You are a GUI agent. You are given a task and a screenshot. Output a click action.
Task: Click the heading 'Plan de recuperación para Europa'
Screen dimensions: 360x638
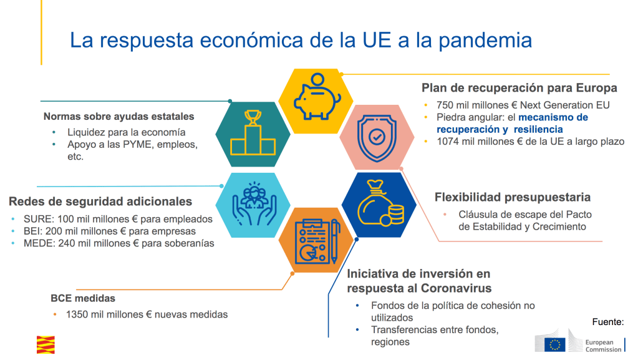click(520, 87)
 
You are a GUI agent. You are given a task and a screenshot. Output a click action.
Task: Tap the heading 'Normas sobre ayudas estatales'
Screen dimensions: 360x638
click(118, 117)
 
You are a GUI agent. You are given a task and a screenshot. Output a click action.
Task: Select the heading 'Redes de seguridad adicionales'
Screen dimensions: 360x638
click(100, 202)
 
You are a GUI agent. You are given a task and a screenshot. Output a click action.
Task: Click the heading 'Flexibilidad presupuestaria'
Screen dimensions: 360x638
click(512, 197)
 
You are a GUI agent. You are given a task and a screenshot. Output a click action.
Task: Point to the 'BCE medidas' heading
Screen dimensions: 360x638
click(83, 298)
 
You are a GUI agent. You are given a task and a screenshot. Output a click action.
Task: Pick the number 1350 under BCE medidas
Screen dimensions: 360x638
click(77, 314)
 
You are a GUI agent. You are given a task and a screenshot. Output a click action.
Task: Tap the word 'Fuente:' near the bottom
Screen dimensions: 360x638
click(607, 322)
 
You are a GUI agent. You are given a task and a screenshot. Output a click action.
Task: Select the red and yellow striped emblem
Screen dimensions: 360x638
click(46, 344)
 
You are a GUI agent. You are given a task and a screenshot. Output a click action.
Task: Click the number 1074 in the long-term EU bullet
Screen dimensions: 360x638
click(448, 141)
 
